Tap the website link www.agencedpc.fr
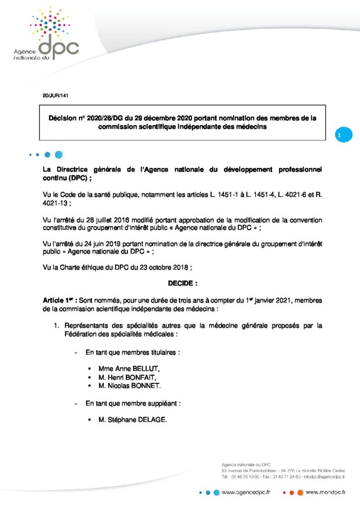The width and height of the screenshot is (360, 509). click(x=246, y=492)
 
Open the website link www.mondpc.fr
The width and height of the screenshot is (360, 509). click(x=326, y=492)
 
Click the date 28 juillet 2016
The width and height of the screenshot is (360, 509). click(x=97, y=220)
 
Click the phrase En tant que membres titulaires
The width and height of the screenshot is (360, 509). click(x=132, y=352)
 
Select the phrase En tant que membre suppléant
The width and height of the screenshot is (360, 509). click(x=132, y=403)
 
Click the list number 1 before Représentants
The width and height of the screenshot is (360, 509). click(x=57, y=326)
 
